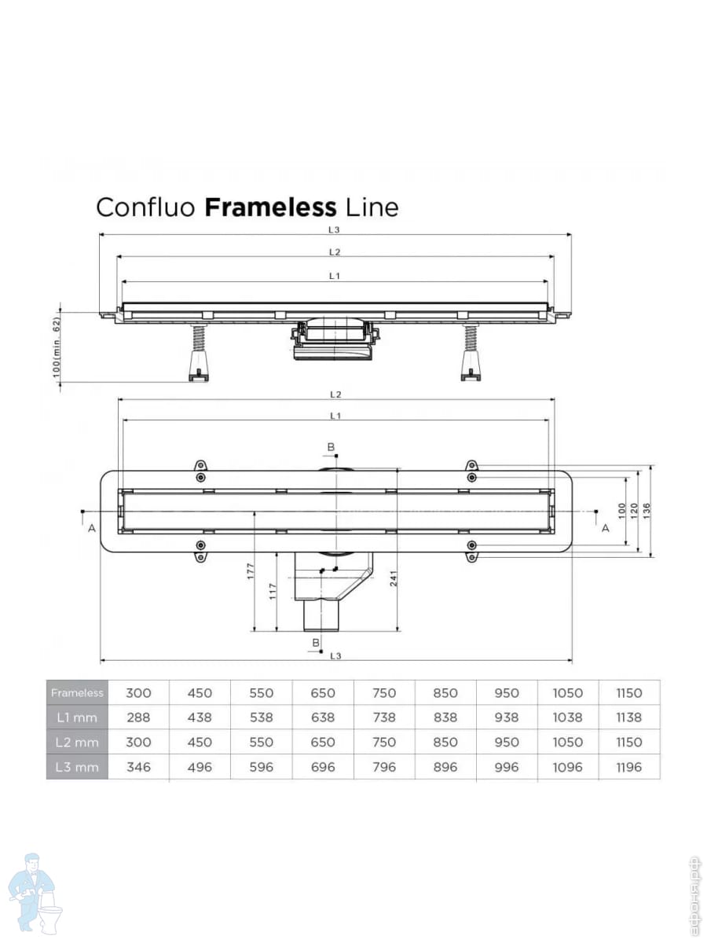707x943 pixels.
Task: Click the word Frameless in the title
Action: (270, 207)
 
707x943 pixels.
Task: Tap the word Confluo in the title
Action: (147, 207)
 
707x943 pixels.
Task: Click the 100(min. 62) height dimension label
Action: (57, 347)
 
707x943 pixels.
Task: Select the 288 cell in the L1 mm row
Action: (138, 717)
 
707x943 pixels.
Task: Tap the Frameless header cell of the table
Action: (76, 692)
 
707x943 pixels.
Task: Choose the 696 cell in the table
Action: (323, 766)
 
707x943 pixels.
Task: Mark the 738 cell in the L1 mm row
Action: (384, 717)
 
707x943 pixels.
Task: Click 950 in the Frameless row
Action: (507, 692)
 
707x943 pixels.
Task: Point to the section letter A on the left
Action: (92, 529)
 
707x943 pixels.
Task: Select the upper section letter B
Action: (331, 447)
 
